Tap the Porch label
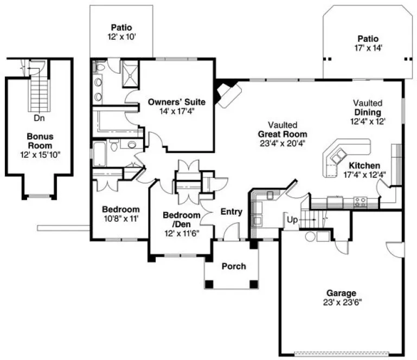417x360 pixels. point(234,266)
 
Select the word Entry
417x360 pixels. point(231,212)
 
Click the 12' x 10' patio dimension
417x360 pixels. point(122,37)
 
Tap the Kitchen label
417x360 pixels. point(364,165)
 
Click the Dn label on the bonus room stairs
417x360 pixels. point(39,117)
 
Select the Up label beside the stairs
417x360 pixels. point(292,220)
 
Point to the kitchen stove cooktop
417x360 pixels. point(360,202)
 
